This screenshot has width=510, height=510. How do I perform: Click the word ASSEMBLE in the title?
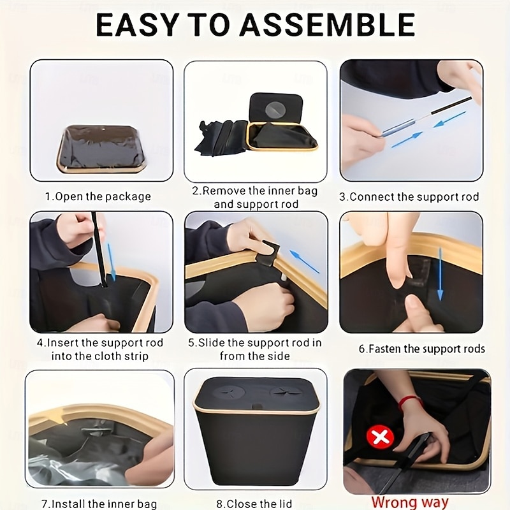click(x=327, y=25)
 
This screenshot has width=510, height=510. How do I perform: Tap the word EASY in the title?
click(x=137, y=25)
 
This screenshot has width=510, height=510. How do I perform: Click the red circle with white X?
click(x=380, y=437)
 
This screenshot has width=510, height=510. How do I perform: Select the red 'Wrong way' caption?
click(x=410, y=502)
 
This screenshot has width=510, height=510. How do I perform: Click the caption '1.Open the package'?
click(x=98, y=197)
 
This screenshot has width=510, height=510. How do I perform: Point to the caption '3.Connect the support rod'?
click(x=409, y=197)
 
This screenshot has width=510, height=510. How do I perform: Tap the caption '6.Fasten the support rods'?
click(x=422, y=349)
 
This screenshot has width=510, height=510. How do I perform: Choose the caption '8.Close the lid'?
click(x=254, y=504)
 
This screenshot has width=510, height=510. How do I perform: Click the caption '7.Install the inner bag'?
click(x=99, y=504)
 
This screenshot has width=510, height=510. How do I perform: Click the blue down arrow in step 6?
click(x=440, y=274)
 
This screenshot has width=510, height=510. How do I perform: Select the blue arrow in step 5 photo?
click(x=304, y=261)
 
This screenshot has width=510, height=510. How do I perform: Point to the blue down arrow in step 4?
click(x=111, y=262)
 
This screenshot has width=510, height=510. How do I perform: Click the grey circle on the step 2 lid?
click(x=275, y=109)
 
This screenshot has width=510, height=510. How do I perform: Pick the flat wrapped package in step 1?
click(x=101, y=149)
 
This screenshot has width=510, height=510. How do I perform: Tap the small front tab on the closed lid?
click(x=257, y=406)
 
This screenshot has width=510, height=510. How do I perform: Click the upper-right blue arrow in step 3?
click(x=450, y=119)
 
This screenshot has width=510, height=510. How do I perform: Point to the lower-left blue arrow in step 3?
click(x=407, y=140)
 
